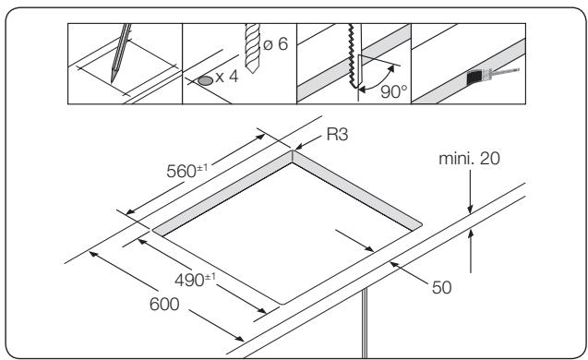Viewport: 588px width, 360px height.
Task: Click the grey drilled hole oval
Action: (x=203, y=80)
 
